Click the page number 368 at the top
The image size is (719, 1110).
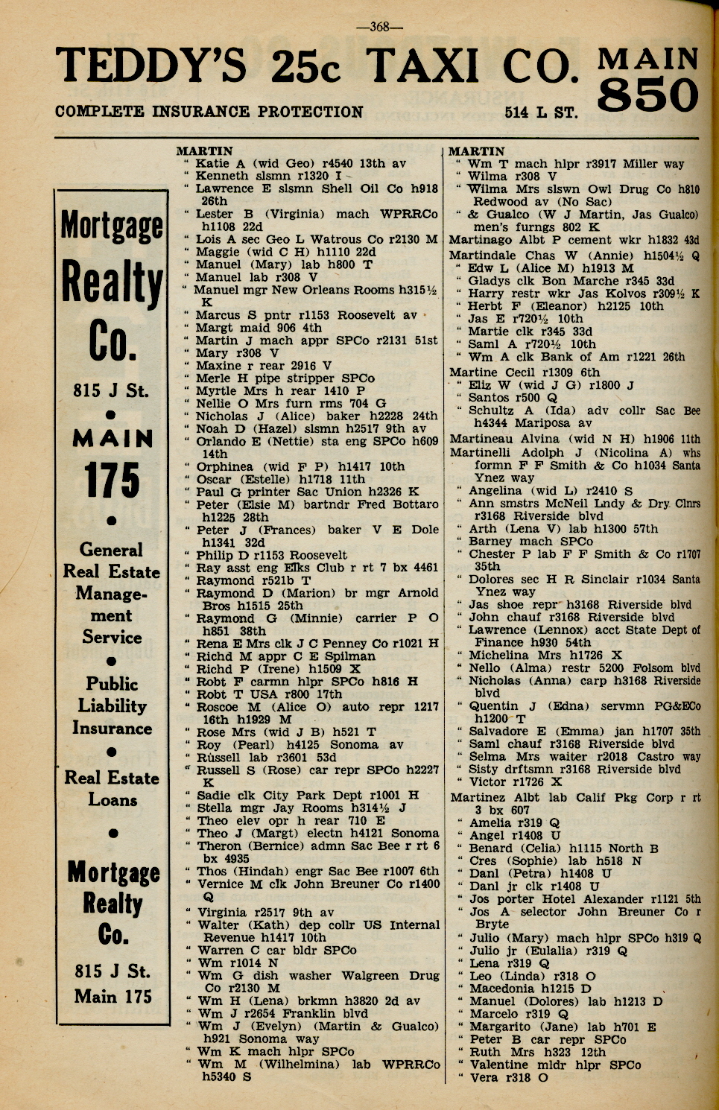(380, 27)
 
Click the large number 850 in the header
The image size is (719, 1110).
(647, 96)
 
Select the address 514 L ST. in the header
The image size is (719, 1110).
(540, 113)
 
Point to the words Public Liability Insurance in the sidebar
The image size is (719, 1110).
(112, 705)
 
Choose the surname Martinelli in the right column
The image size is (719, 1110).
(481, 452)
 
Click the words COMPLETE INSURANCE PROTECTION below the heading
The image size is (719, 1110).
(209, 112)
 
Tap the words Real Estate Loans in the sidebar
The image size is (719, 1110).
(112, 789)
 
